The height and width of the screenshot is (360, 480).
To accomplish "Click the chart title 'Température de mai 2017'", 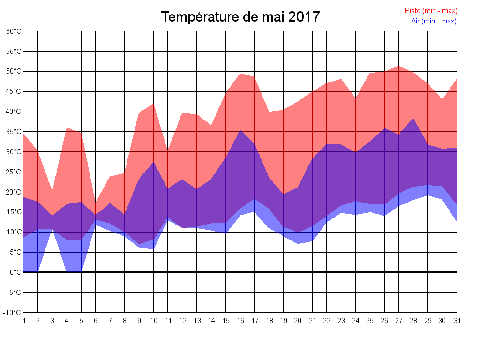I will [x=240, y=17].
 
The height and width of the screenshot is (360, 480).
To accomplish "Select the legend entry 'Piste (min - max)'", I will [x=431, y=11].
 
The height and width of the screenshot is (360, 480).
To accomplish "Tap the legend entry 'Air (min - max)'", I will [x=434, y=21].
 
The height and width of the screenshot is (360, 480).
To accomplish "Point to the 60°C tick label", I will [x=14, y=31].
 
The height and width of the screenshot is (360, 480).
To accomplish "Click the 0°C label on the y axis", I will [x=15, y=272].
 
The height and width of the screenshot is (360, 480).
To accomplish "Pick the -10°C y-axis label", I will [x=13, y=313].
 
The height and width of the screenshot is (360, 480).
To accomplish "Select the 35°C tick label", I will [x=14, y=132].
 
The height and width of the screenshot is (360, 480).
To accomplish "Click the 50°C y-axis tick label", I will [x=14, y=71].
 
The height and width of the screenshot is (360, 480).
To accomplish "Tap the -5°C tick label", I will [x=14, y=292].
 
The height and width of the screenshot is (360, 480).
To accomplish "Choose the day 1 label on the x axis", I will [x=24, y=321].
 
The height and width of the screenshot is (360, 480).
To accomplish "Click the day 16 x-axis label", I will [x=240, y=321].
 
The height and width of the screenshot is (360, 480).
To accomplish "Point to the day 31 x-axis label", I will [x=457, y=321].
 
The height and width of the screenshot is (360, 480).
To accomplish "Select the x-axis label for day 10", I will [x=154, y=321].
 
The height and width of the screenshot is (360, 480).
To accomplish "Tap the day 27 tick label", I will [x=399, y=321].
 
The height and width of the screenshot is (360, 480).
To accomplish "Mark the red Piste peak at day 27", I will [x=399, y=66].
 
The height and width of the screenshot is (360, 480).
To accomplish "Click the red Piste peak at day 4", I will [x=67, y=128].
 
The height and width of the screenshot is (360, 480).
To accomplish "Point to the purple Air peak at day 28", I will [x=413, y=118].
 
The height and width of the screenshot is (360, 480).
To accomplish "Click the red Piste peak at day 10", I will [x=154, y=104].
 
